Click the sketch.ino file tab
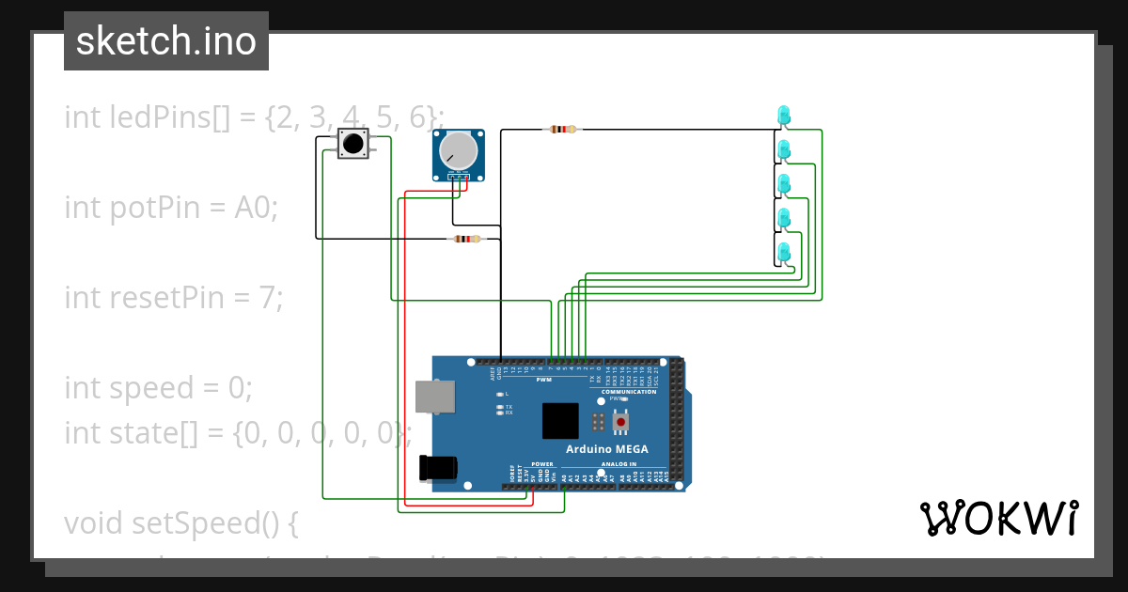(166, 41)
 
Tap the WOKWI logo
(998, 518)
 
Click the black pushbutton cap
(352, 145)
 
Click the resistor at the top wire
(562, 130)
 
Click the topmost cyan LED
(783, 115)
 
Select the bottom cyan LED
(783, 252)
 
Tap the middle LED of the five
(783, 183)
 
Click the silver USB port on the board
(436, 397)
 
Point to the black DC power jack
(439, 468)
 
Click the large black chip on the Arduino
(560, 421)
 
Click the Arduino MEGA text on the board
(606, 449)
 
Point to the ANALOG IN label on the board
(619, 464)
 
